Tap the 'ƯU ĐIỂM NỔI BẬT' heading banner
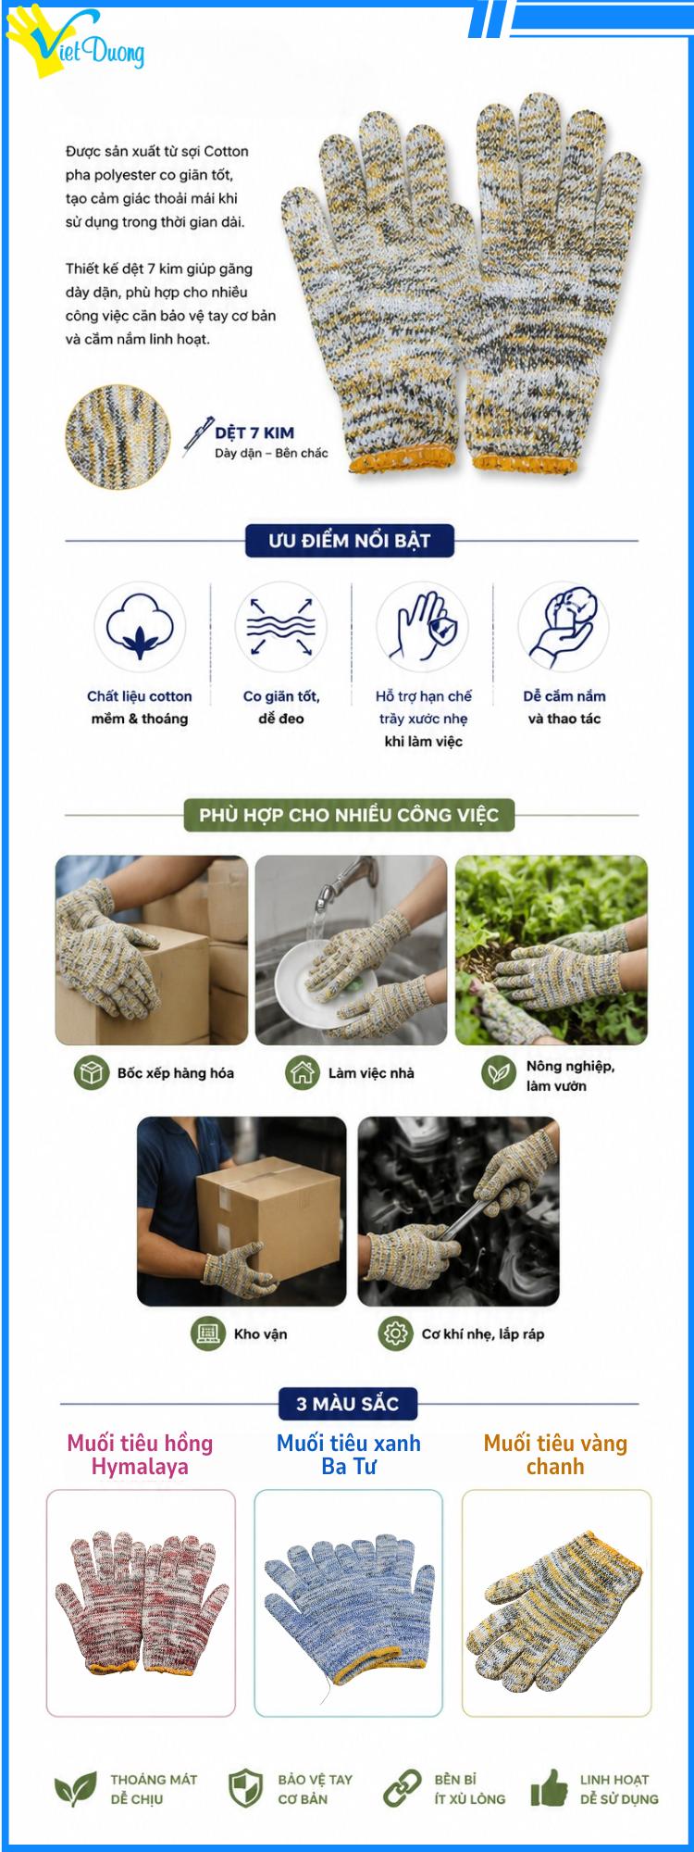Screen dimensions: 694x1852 [349, 541]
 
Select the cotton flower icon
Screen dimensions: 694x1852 [140, 627]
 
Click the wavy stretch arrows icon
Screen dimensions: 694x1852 [281, 627]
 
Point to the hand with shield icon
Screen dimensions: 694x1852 [422, 627]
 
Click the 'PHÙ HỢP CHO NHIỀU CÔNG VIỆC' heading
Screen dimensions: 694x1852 [349, 815]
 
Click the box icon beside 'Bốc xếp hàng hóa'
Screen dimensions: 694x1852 [92, 1073]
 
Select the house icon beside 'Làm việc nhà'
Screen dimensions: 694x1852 [303, 1073]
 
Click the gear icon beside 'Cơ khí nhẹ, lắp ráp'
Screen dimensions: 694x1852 [396, 1333]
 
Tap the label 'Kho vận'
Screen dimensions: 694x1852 [260, 1334]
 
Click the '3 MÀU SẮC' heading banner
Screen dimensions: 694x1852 [348, 1404]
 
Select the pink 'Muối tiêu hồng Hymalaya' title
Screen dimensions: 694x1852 [140, 1455]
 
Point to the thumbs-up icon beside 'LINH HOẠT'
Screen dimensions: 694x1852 [550, 1787]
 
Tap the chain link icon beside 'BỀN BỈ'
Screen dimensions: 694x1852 [403, 1788]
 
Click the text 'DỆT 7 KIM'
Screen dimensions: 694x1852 [254, 432]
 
